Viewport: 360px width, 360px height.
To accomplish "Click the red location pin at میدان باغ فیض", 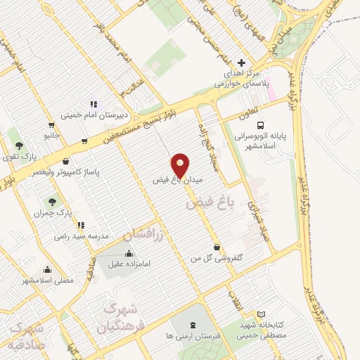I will click(181, 165).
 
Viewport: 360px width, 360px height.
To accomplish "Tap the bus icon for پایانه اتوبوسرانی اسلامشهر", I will click(281, 127).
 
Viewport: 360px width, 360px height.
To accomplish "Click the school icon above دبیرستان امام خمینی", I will click(93, 105).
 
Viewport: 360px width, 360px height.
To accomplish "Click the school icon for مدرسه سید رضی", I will click(82, 226).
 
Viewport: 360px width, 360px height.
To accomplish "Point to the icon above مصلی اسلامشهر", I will click(47, 269).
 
